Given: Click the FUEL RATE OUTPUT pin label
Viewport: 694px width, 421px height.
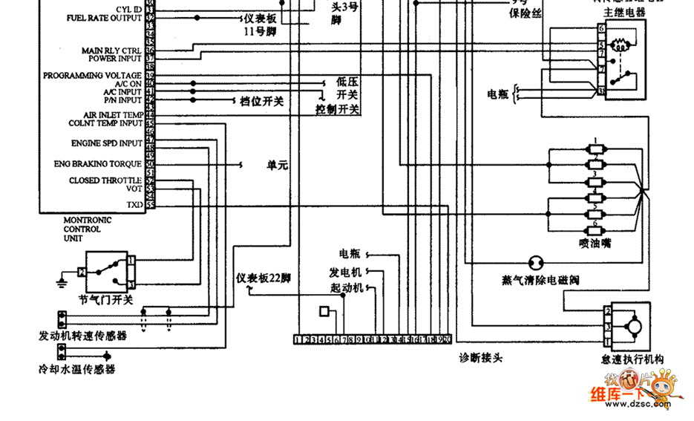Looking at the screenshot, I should pos(105,17).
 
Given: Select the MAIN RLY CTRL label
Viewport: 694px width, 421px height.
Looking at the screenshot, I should pos(111,50).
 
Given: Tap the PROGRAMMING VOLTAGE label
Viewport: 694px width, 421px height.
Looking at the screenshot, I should pos(92,76).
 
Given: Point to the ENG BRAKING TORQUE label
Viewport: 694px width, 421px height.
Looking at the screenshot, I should pos(97,163).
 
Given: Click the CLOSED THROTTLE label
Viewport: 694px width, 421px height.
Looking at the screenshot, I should pos(105,180).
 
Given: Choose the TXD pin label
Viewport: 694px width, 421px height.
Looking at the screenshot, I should pos(134,204).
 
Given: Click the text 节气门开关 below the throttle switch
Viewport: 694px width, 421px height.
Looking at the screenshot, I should pos(106,300).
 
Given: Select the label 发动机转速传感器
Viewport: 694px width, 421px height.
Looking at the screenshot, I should pos(82,336).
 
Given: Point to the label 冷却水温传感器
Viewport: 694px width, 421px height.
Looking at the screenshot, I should pos(77,368).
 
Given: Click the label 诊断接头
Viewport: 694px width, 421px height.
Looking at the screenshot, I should pos(481,358).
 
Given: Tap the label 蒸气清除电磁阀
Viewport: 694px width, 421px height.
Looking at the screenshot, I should pos(540,280).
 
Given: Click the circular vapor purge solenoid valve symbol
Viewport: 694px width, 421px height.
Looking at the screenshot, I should pos(534,263).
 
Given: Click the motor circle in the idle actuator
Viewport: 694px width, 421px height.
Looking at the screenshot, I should pos(634,324).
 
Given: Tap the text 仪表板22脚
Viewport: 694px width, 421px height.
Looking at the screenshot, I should pos(263,278).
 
